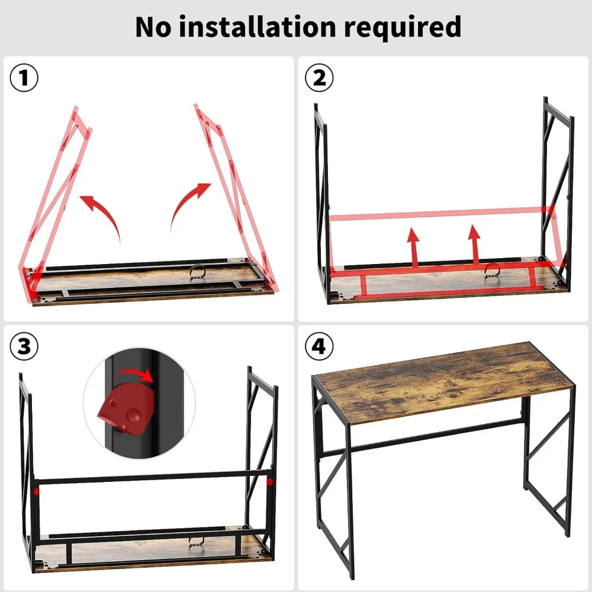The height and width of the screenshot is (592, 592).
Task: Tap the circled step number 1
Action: point(24,79)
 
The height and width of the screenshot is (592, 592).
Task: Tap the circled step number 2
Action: point(319,79)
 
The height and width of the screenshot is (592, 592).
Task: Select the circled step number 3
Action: point(24,347)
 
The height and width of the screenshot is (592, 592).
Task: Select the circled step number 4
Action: point(319,347)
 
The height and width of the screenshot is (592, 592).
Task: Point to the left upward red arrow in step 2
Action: point(413,246)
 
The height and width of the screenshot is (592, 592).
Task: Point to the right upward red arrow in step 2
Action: point(474,243)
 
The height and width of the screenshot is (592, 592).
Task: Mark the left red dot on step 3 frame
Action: point(37,491)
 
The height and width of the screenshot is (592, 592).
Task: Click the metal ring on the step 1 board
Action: point(198,272)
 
